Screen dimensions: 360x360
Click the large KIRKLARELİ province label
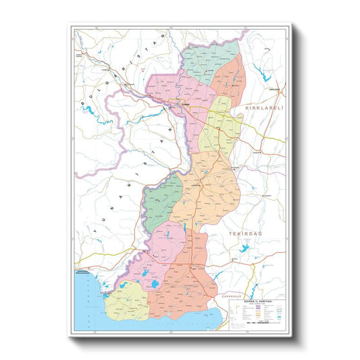click(263, 108)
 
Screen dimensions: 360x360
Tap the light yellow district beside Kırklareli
click(220, 125)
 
